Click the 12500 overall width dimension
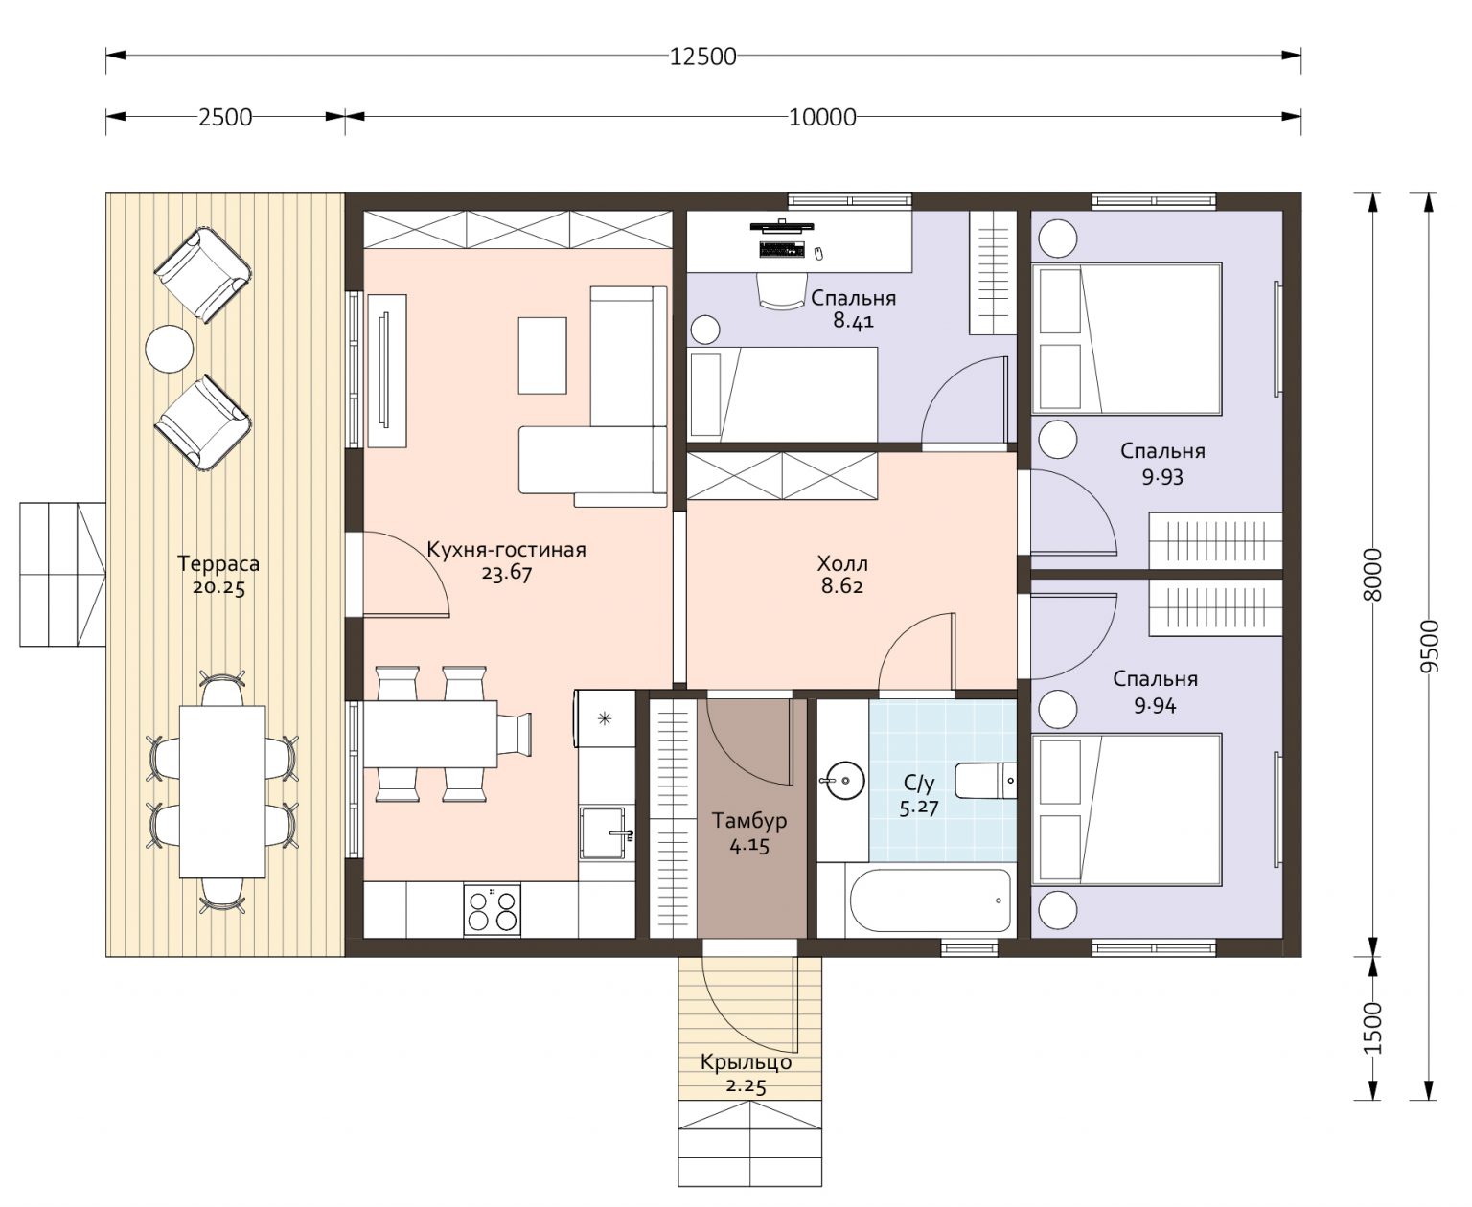(702, 57)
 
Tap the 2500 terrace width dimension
(225, 117)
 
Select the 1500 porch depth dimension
(1372, 1028)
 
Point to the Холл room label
(841, 563)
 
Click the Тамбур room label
(748, 821)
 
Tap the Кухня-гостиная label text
(506, 550)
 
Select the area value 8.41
(853, 321)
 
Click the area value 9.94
(1155, 706)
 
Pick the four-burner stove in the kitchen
(492, 910)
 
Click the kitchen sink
(605, 833)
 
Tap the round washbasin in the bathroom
(843, 780)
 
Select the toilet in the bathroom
(985, 781)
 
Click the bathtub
(930, 900)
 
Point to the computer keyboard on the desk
(782, 249)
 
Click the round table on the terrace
(169, 349)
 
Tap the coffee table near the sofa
(541, 355)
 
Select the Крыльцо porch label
(746, 1062)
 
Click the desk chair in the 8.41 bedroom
(781, 291)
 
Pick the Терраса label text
(218, 563)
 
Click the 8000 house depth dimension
(1372, 574)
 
